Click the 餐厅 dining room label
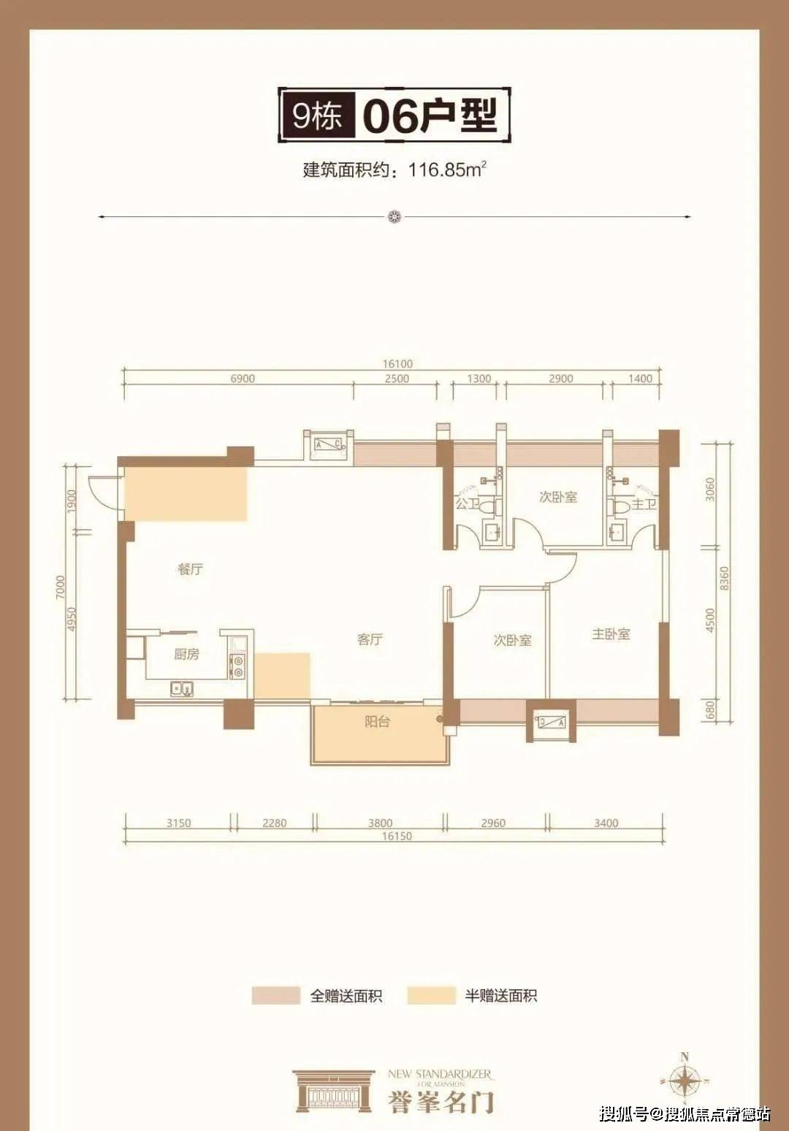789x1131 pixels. (x=190, y=569)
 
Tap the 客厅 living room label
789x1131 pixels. (x=370, y=639)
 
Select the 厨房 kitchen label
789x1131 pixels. (x=186, y=654)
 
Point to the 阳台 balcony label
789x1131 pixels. (x=377, y=722)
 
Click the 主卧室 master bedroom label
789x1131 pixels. (x=611, y=634)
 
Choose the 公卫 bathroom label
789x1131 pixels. (x=467, y=504)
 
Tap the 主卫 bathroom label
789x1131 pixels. (x=644, y=504)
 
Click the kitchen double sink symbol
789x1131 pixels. (x=182, y=688)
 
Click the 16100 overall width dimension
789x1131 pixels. (x=396, y=364)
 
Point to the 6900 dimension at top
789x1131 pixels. (x=243, y=378)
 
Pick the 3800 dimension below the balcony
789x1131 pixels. (x=380, y=823)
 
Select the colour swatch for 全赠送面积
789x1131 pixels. (x=275, y=996)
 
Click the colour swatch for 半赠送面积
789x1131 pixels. (x=431, y=996)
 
